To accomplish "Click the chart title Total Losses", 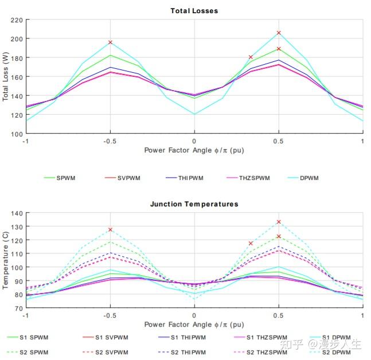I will coord(194,10).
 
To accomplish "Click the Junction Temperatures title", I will coord(194,204).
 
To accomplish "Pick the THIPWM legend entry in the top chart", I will coord(190,178).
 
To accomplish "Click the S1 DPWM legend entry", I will coord(336,337).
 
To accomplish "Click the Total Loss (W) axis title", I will coord(6,77).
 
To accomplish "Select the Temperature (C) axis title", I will coord(6,261).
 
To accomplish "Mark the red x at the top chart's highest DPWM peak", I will coord(279,33).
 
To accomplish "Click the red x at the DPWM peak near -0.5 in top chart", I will coord(110,42).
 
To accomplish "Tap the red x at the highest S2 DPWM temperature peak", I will coord(279,222).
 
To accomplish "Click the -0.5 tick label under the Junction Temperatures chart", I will coord(110,315).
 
